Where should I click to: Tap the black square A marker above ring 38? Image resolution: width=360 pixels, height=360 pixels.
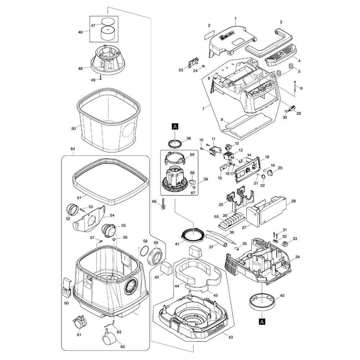[175, 126]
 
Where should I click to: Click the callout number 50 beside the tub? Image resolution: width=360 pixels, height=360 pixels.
[73, 129]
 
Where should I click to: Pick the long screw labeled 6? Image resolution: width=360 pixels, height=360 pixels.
[295, 88]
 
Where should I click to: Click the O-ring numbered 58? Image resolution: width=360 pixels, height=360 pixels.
[143, 250]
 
